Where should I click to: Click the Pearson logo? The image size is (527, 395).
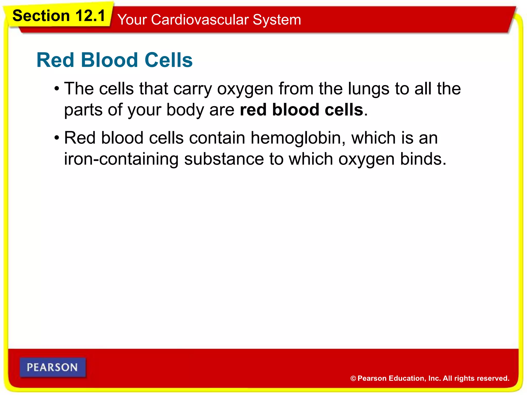(x=52, y=367)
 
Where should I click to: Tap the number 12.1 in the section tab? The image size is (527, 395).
(x=90, y=16)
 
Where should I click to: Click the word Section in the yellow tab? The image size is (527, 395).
(x=41, y=16)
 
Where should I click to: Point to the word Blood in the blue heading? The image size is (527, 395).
(x=110, y=60)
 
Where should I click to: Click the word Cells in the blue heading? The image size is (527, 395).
(x=169, y=60)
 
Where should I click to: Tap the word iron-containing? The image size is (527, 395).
(x=121, y=159)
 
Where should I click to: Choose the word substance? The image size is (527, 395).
(x=224, y=159)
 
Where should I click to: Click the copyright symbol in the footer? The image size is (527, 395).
(x=353, y=379)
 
